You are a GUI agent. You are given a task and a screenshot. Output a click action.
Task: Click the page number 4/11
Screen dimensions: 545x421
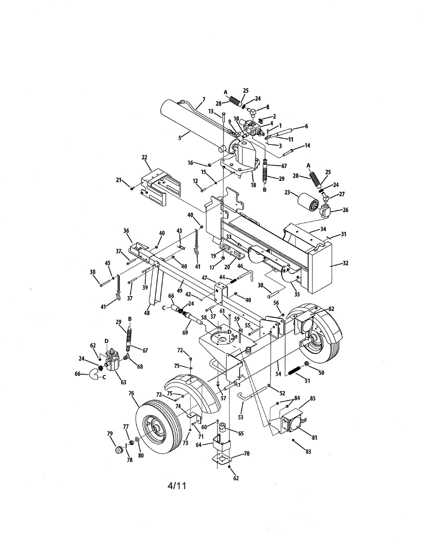tap(177, 486)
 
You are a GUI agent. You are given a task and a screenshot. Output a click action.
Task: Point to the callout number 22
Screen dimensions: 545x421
tap(144, 158)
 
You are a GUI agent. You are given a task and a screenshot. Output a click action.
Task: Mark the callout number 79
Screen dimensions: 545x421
tap(109, 433)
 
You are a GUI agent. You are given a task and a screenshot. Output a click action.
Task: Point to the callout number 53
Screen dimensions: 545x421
tap(241, 416)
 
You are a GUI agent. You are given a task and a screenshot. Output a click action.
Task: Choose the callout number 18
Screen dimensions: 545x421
tap(253, 185)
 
